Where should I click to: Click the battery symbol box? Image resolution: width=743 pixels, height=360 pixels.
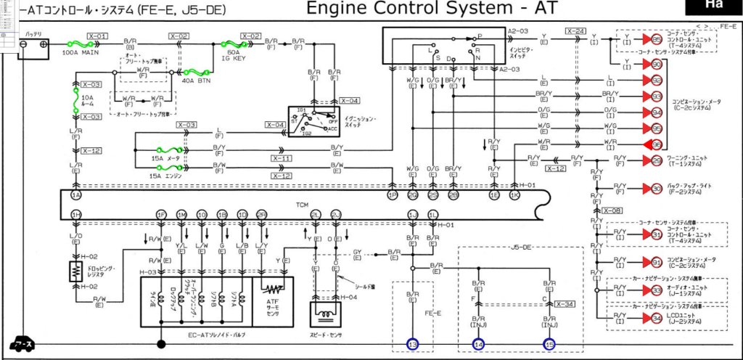tap(33, 44)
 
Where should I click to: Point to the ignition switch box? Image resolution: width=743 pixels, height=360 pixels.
tap(314, 120)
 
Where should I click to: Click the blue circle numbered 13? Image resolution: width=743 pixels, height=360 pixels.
tap(413, 343)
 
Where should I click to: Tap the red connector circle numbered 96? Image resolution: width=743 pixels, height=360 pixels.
tap(656, 144)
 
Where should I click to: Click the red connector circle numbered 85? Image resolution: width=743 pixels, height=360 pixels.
tap(656, 38)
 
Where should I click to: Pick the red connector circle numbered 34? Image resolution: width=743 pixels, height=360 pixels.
tap(656, 317)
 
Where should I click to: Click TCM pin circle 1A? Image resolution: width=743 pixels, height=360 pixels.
tap(76, 196)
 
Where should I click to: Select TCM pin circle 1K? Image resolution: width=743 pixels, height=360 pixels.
tap(514, 196)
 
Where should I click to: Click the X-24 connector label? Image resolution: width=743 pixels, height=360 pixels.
tap(575, 31)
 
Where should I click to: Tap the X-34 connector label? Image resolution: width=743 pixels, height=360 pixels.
tap(565, 303)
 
